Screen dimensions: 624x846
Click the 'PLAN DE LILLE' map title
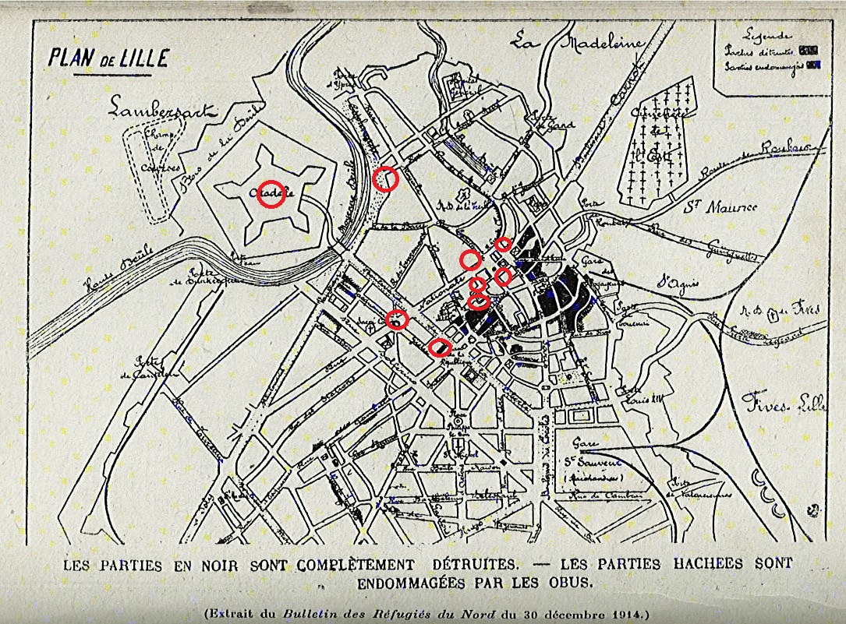[107, 59]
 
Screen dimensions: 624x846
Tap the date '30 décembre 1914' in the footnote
[579, 613]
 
